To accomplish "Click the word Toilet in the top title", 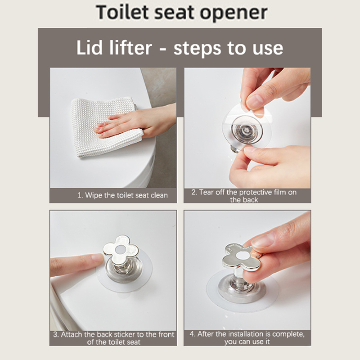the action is tap(123, 12).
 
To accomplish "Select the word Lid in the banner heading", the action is tap(89, 48).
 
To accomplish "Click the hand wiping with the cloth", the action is tap(138, 121).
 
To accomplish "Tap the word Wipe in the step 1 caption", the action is tap(94, 195).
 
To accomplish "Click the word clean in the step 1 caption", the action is tap(159, 195).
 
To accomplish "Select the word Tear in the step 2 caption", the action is tap(206, 192).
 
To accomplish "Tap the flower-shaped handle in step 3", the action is tap(121, 250).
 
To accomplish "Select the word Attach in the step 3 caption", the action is tap(71, 334).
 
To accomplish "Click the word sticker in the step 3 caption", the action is tap(125, 334).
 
